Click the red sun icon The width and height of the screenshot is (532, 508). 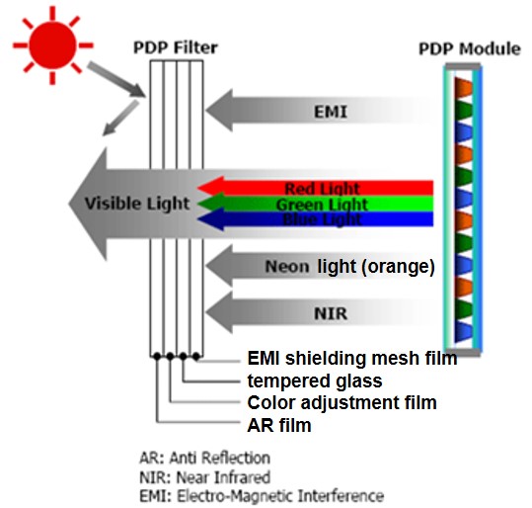52,45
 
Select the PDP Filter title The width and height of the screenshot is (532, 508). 176,47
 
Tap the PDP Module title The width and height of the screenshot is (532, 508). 470,49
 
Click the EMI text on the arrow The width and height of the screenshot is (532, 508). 331,112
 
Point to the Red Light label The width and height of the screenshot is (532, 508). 322,189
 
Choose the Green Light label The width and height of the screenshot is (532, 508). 322,205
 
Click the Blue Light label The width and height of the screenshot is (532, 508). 322,219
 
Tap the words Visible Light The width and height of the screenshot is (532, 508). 137,204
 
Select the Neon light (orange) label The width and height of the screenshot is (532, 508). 349,267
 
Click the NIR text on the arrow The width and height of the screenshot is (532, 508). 331,313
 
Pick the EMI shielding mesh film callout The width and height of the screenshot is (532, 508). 352,358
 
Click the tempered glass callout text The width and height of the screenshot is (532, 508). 315,381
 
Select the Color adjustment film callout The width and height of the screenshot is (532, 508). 342,403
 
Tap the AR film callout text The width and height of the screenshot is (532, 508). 279,425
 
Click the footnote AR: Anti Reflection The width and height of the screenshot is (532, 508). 205,458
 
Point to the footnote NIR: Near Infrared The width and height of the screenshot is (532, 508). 205,477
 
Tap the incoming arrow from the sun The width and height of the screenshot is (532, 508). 116,79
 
